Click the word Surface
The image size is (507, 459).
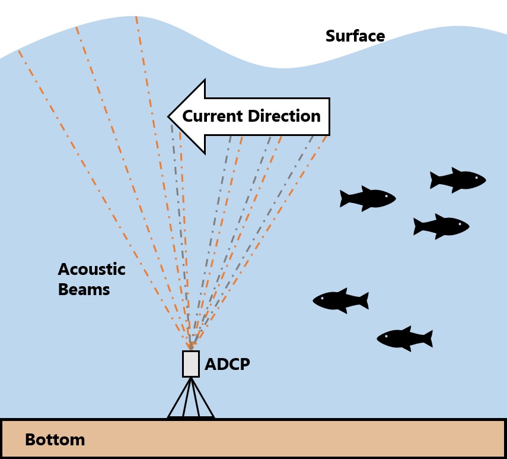pos(355,36)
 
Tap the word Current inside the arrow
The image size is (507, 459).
pos(212,116)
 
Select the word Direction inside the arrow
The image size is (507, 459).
pos(285,116)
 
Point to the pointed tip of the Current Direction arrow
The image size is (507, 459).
pos(170,116)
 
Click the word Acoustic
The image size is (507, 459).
pos(91,270)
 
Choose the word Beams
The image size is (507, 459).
pos(84,290)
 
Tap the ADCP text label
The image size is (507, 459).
pos(227,364)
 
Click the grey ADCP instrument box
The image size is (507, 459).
pos(190,363)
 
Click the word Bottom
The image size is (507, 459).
pos(55,440)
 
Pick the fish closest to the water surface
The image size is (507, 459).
pos(458,180)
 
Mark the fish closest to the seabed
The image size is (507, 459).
pos(404,338)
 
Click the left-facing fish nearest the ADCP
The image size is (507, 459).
pos(340,300)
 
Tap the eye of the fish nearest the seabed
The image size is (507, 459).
pos(386,337)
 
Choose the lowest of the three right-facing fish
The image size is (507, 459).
pos(441,226)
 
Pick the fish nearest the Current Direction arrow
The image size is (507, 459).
pos(368,198)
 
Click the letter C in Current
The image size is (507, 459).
pos(188,116)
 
